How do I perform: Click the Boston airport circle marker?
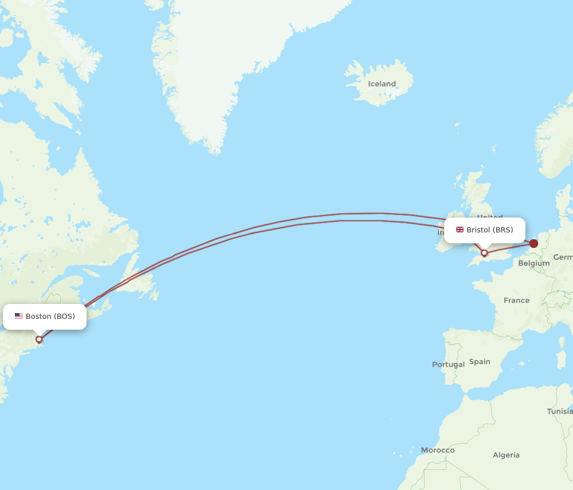[x=39, y=339]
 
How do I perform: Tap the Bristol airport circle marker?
[x=484, y=252]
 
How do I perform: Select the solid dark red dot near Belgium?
[x=533, y=244]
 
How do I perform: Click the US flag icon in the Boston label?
[x=19, y=316]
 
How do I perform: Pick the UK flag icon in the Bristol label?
[x=460, y=230]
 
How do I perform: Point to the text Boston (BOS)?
[x=50, y=316]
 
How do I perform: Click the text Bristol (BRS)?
[x=489, y=230]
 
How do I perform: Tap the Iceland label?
[x=382, y=84]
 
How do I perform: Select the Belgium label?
[x=533, y=263]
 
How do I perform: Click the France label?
[x=516, y=300]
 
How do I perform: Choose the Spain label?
[x=480, y=361]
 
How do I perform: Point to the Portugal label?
[x=448, y=364]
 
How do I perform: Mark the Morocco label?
[x=438, y=450]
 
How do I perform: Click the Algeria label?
[x=506, y=455]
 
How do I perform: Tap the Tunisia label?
[x=559, y=411]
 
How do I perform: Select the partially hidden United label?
[x=490, y=218]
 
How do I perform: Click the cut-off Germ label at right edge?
[x=563, y=258]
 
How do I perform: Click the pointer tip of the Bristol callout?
[x=484, y=247]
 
